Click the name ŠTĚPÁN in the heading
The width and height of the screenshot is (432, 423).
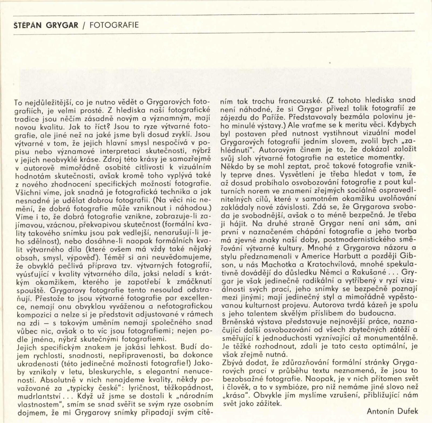click(26, 25)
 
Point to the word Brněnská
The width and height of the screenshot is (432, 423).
click(237, 322)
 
